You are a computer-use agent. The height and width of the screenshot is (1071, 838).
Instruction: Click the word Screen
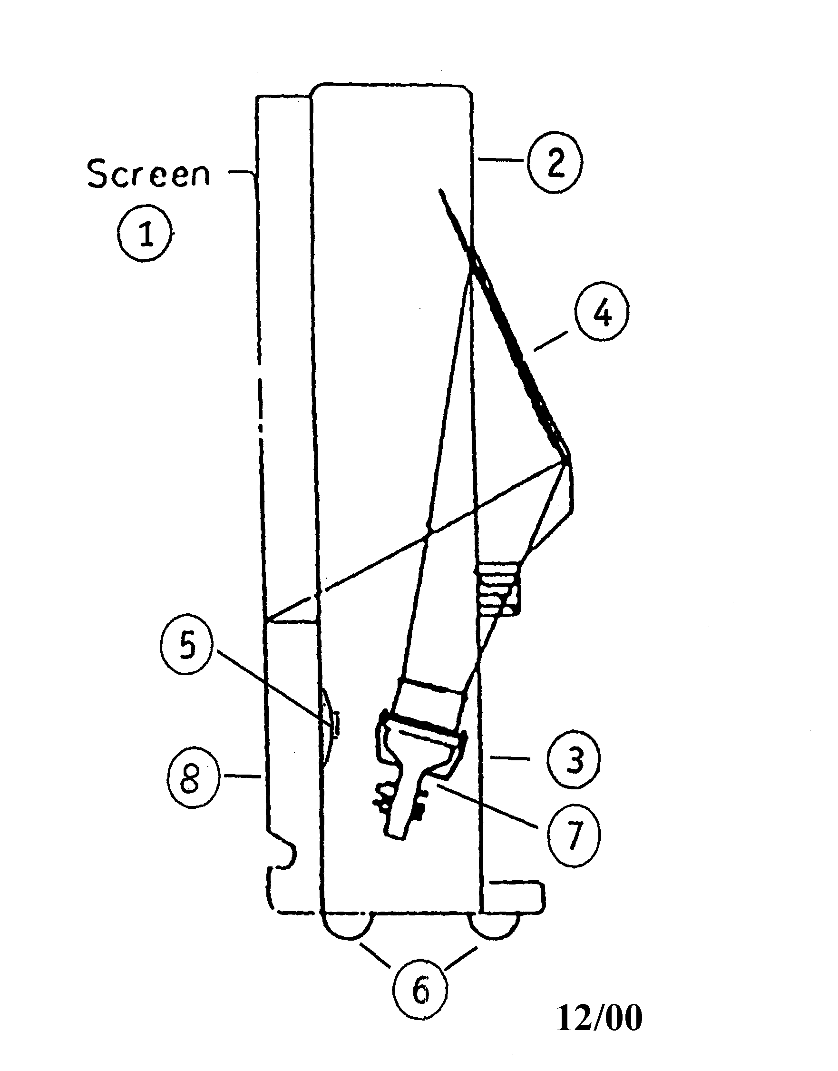click(x=149, y=174)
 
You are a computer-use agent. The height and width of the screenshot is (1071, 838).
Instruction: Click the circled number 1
click(x=146, y=234)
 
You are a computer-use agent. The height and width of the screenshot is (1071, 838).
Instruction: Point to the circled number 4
click(x=603, y=313)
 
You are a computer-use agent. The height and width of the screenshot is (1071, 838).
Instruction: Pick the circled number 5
click(x=185, y=648)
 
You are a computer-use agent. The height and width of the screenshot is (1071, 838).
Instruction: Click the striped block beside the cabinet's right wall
click(x=497, y=589)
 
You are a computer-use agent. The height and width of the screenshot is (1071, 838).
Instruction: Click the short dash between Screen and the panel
click(x=240, y=172)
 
